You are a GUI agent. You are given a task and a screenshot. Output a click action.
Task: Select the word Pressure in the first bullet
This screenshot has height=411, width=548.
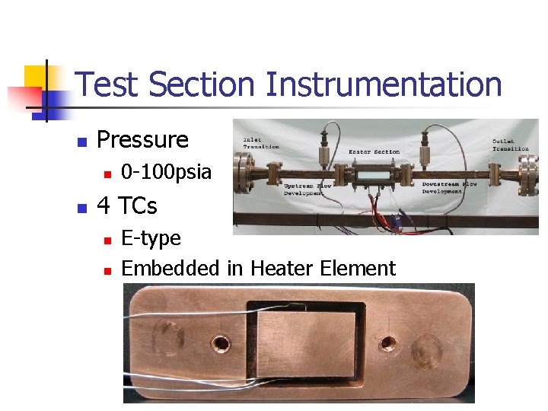pyautogui.click(x=142, y=140)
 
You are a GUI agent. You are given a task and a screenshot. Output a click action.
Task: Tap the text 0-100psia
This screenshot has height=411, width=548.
pyautogui.click(x=166, y=172)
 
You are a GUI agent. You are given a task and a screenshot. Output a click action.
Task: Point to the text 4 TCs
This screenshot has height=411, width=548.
pyautogui.click(x=127, y=205)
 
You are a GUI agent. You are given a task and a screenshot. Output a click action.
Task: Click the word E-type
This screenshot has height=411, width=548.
pyautogui.click(x=151, y=238)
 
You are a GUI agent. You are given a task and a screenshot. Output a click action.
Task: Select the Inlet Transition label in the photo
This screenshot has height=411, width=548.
pyautogui.click(x=261, y=143)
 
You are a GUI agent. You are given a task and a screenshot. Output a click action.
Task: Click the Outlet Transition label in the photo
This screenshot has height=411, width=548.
pyautogui.click(x=509, y=145)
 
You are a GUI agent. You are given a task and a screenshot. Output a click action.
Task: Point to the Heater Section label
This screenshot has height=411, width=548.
pyautogui.click(x=374, y=151)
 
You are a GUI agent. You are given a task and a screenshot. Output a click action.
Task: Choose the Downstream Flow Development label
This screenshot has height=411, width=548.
pyautogui.click(x=442, y=186)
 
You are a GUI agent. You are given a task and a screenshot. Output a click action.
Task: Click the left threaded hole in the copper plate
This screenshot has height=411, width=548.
pyautogui.click(x=223, y=344)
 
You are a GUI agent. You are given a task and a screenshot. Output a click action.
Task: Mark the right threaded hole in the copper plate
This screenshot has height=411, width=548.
pyautogui.click(x=388, y=344)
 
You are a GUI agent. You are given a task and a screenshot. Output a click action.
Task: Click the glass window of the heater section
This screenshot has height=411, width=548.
pyautogui.click(x=374, y=174)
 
